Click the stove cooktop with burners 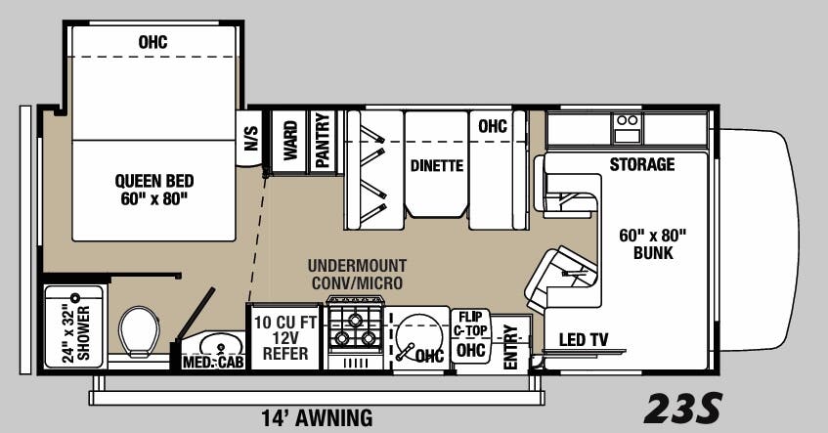pyautogui.click(x=355, y=329)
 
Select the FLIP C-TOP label pyautogui.click(x=470, y=324)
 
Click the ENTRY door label pyautogui.click(x=509, y=348)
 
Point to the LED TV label pyautogui.click(x=584, y=340)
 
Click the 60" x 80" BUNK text pyautogui.click(x=654, y=243)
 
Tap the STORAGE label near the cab pyautogui.click(x=641, y=164)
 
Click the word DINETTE pyautogui.click(x=436, y=165)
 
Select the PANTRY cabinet pyautogui.click(x=323, y=143)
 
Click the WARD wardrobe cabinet pyautogui.click(x=289, y=143)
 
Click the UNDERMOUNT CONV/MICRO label pyautogui.click(x=357, y=275)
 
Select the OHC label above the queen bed pyautogui.click(x=153, y=42)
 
